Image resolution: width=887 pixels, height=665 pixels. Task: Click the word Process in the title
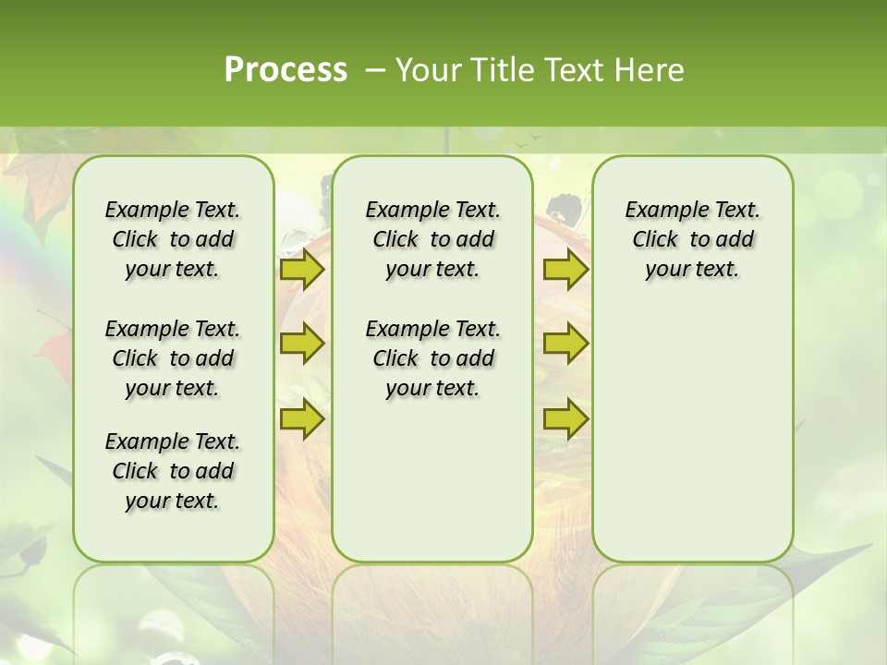[x=286, y=69]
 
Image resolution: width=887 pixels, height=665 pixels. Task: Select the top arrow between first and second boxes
[x=302, y=270]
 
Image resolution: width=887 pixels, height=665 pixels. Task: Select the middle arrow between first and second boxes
[x=302, y=345]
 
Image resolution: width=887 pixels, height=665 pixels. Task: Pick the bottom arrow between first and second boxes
[x=302, y=419]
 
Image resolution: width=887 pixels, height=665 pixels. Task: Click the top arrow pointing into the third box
[x=565, y=270]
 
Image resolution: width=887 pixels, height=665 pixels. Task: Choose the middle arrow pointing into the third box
[x=565, y=345]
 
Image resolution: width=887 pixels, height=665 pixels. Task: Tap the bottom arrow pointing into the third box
[x=565, y=419]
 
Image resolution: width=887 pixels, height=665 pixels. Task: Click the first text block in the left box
[x=173, y=239]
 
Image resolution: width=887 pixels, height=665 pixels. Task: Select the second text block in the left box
[x=173, y=358]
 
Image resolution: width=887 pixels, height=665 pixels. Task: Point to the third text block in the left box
[x=173, y=471]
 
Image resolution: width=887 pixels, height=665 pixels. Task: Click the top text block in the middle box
[x=432, y=239]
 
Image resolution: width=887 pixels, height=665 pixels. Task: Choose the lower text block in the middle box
[x=432, y=358]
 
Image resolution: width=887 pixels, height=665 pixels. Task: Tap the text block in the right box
[x=692, y=239]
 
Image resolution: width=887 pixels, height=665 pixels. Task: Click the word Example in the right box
[x=661, y=211]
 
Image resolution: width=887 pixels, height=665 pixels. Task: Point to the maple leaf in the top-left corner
[x=42, y=189]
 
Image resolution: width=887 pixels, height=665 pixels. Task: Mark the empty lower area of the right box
[x=692, y=434]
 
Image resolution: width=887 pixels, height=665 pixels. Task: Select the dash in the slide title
[x=375, y=69]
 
